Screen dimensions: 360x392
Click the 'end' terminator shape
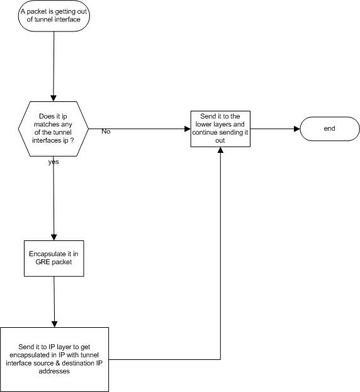[330, 129]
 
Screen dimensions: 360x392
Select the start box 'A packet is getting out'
[53, 16]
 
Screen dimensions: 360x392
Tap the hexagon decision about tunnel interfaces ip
[53, 129]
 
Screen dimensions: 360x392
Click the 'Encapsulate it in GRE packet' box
[53, 259]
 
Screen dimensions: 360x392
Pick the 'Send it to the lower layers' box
[220, 129]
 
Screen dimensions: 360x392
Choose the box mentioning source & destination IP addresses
[54, 359]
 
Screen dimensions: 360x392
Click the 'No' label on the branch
[106, 132]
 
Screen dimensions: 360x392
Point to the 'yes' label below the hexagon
[53, 162]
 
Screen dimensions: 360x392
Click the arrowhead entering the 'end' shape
[297, 129]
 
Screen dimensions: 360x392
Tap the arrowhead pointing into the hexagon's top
[53, 98]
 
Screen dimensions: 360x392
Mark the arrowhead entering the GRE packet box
[53, 237]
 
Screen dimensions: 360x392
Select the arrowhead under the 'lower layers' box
[220, 150]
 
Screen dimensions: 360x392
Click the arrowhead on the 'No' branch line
[188, 129]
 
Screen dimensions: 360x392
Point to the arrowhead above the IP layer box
[54, 324]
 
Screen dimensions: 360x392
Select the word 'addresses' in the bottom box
[54, 371]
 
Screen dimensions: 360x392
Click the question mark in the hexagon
[72, 140]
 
